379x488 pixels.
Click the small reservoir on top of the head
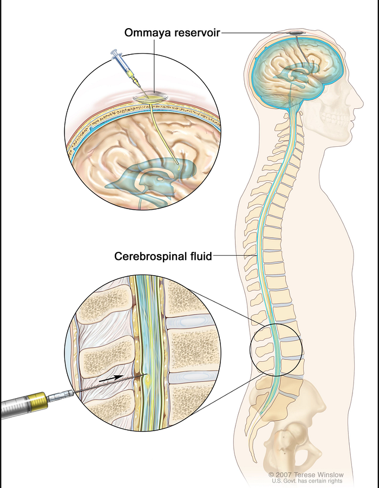(x=296, y=35)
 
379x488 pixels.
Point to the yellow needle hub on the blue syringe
(x=134, y=80)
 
